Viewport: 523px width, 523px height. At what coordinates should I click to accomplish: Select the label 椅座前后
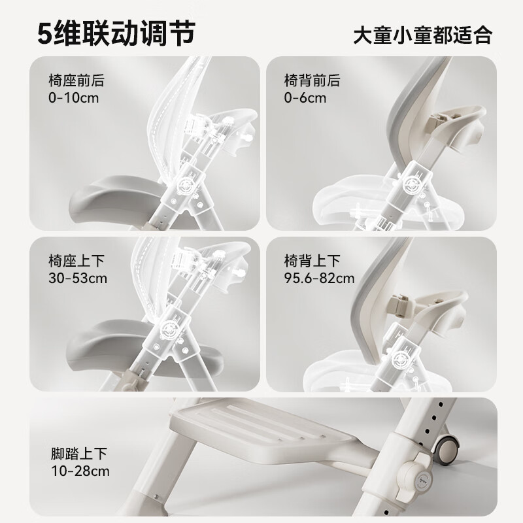76,81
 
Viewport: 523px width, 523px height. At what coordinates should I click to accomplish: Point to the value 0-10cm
73,99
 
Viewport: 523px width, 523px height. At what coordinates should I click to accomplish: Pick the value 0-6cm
305,99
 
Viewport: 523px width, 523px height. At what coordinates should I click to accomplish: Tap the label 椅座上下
76,261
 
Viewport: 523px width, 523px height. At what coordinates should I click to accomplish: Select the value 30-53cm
78,278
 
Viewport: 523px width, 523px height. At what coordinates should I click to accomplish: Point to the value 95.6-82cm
320,278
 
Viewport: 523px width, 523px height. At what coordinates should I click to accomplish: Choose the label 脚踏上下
76,453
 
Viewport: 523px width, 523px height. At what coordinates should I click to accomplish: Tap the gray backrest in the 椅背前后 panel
399,131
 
